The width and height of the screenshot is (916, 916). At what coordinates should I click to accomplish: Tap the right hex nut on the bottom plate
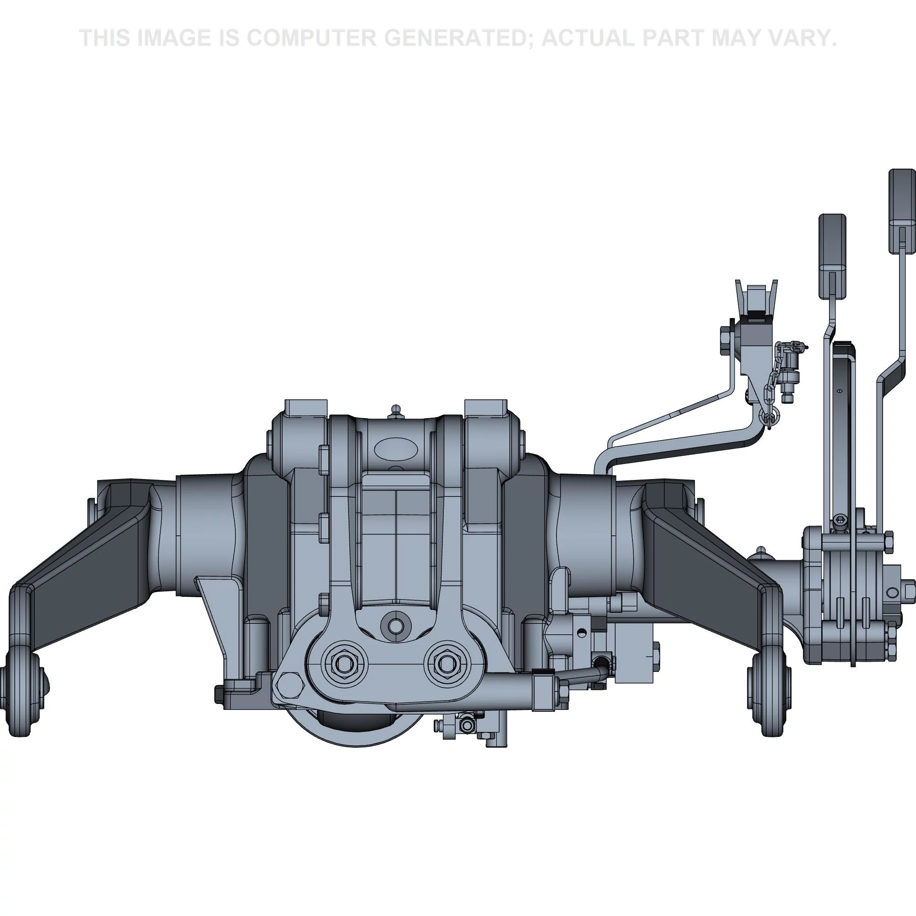pos(446,664)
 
